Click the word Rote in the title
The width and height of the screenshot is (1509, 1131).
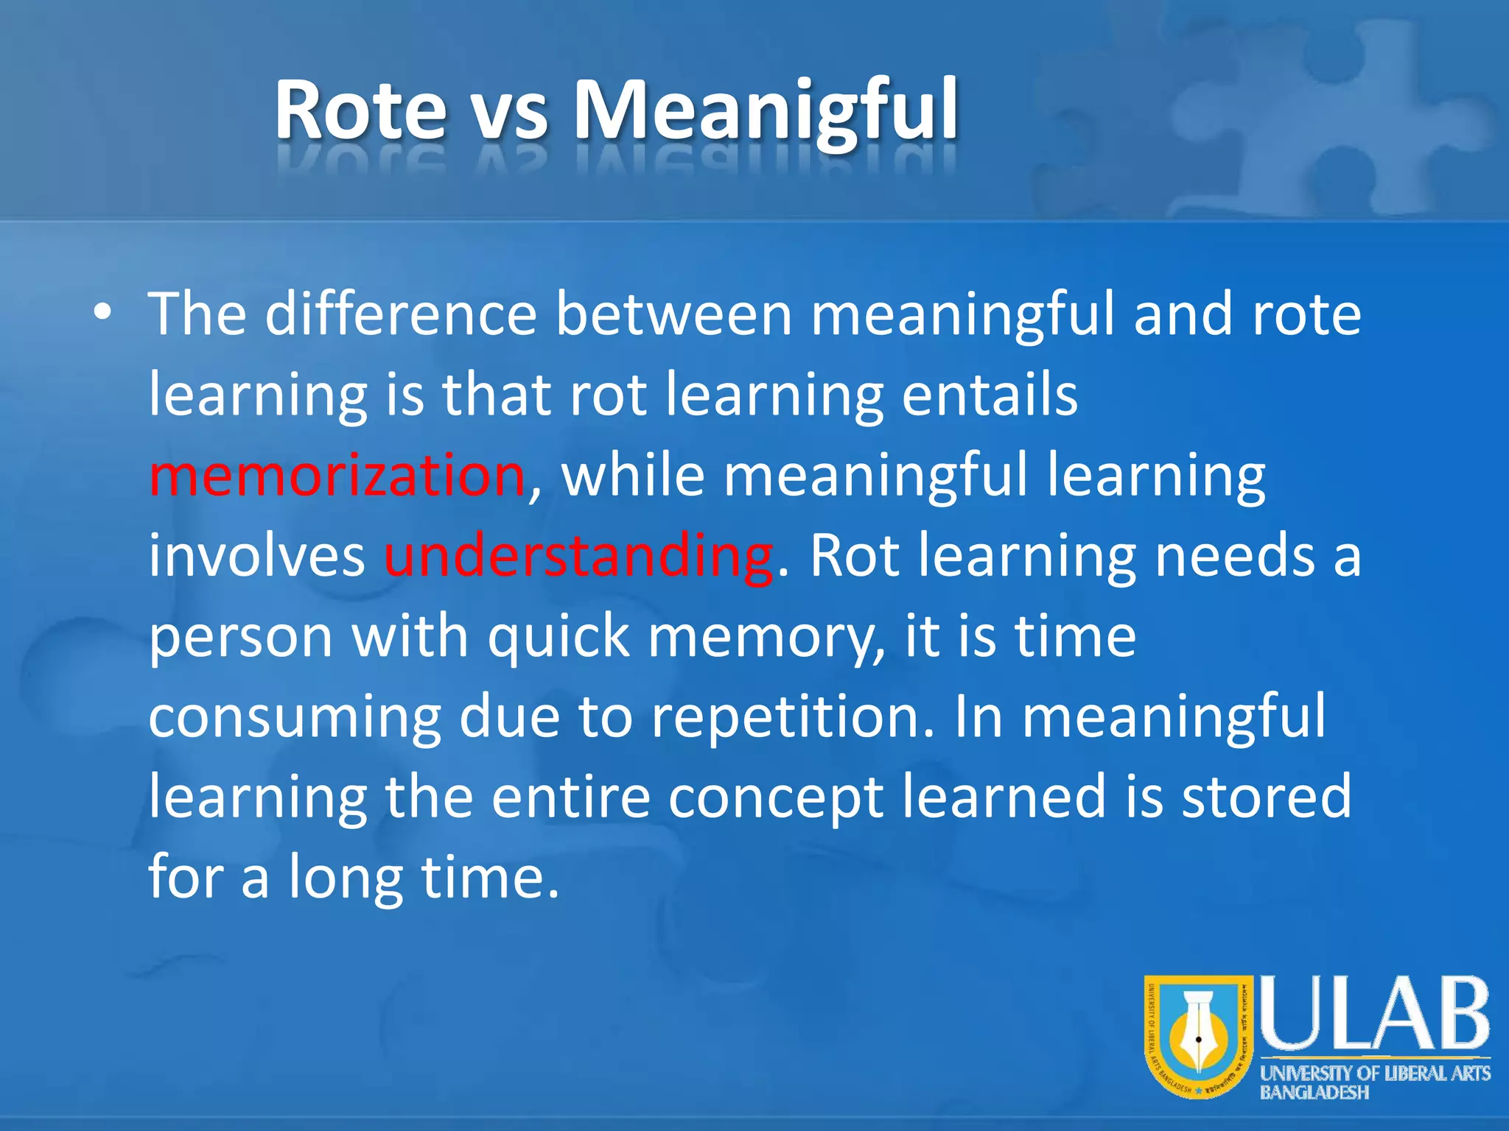pos(360,110)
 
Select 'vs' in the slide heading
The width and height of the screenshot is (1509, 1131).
pos(510,114)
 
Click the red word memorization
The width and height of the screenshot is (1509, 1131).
pos(337,476)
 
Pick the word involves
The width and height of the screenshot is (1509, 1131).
pos(256,556)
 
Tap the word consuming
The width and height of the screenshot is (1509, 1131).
pos(294,718)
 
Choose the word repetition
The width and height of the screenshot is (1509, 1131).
pos(792,718)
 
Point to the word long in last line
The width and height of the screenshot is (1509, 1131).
pos(345,878)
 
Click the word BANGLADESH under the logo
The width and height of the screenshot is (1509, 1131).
pos(1314,1093)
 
